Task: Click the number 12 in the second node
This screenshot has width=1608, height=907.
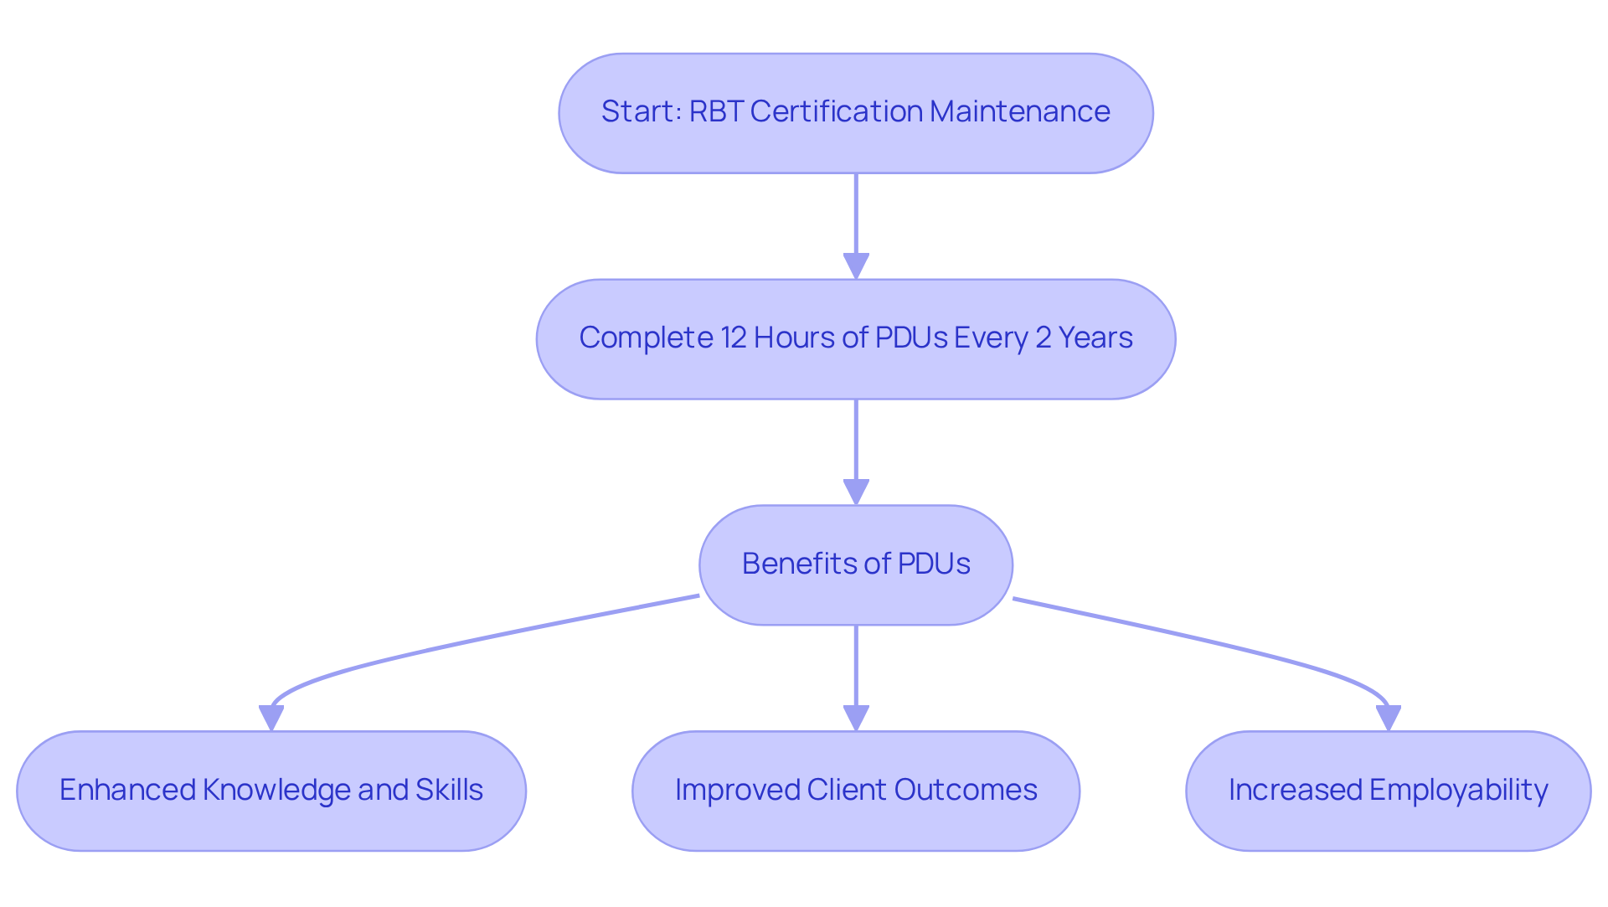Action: coord(733,338)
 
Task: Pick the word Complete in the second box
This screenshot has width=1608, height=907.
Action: coord(646,338)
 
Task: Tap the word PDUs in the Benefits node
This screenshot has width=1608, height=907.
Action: coord(934,564)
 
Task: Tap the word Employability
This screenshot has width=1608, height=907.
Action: coord(1458,790)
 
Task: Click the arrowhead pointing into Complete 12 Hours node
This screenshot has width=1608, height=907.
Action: coord(856,266)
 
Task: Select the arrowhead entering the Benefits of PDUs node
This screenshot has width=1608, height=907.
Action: coord(856,492)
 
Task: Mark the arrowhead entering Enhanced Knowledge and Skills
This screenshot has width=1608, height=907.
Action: coord(271,718)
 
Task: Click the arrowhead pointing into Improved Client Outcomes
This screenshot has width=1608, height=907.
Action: coord(856,718)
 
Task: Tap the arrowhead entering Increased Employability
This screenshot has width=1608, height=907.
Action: coord(1389,718)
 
